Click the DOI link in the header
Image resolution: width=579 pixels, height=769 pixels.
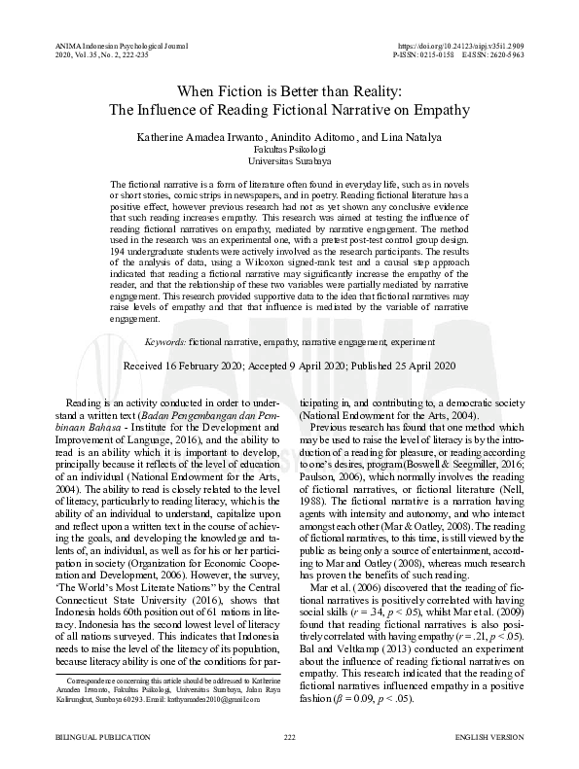pos(467,46)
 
